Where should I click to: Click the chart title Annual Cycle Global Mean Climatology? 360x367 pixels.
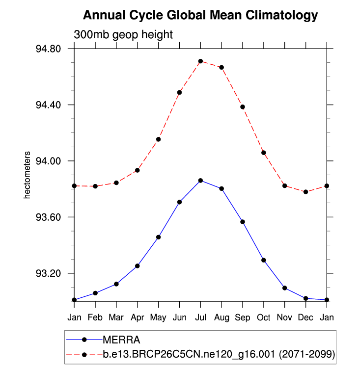200,15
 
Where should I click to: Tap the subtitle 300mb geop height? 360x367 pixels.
123,35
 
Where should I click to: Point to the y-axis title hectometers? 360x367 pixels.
28,175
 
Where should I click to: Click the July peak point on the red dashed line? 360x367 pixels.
200,61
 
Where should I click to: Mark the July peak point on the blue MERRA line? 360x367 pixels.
200,181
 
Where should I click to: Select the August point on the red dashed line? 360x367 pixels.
222,67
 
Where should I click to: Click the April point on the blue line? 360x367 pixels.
138,266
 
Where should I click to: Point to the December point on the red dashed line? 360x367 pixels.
305,192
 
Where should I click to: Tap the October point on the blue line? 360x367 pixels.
264,260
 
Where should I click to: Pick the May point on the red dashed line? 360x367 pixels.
159,139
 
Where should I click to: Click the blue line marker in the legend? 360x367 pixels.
84,340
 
